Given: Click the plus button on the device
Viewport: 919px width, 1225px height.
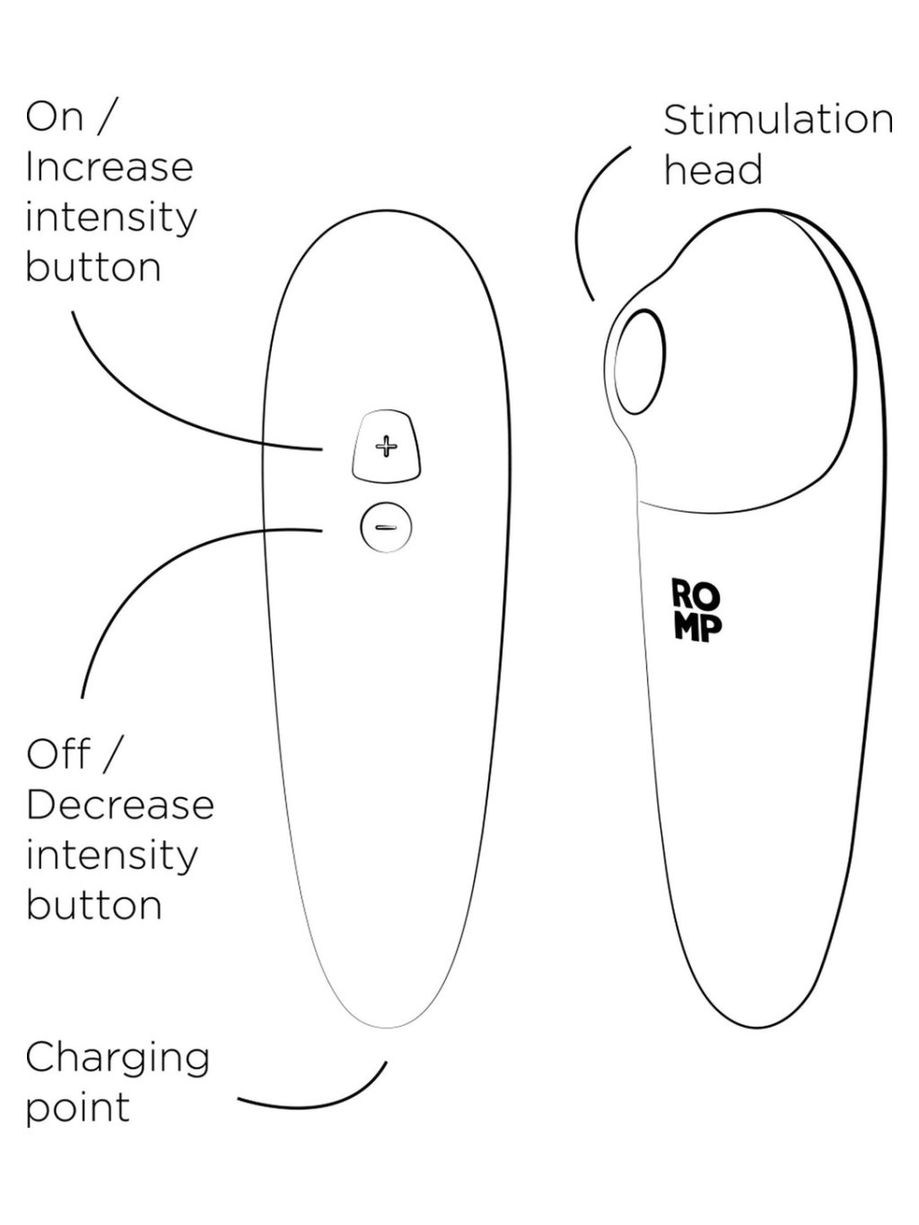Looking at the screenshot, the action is click(386, 446).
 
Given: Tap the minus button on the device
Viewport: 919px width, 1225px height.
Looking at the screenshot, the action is click(386, 527).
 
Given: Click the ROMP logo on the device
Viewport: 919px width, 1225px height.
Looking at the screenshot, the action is click(696, 610).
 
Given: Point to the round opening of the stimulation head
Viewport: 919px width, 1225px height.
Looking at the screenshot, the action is click(641, 363).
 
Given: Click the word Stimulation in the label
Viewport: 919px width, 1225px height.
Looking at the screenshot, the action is click(777, 120).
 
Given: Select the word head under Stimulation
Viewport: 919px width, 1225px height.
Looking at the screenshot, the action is click(713, 171).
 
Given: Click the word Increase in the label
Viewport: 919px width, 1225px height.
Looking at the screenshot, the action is click(109, 168).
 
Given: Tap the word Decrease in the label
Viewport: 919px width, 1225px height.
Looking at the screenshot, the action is click(120, 805).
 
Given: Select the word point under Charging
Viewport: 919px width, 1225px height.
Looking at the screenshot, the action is click(77, 1107).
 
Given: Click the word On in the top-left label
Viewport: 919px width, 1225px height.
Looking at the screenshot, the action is click(54, 117).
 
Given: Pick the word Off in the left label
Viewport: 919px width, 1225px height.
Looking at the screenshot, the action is click(58, 755).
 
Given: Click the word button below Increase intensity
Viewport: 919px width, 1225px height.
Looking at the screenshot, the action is click(93, 267).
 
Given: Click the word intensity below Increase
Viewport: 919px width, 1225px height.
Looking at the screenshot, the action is click(111, 218).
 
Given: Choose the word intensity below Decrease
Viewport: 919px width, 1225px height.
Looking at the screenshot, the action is click(111, 855).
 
